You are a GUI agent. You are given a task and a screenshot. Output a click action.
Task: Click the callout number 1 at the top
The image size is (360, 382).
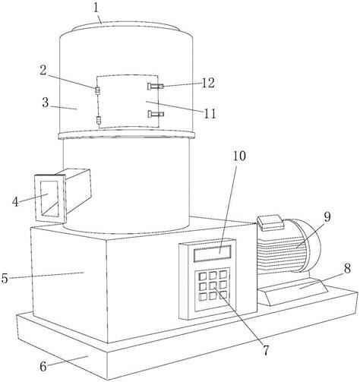[x=96, y=8]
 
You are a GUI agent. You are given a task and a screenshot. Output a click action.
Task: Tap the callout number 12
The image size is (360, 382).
[x=208, y=83]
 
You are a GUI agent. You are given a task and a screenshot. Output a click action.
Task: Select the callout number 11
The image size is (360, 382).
[x=210, y=114]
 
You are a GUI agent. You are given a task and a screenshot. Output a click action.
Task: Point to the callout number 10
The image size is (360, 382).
[x=239, y=156]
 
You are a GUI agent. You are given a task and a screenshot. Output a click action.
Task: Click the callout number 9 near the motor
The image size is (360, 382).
[x=327, y=217]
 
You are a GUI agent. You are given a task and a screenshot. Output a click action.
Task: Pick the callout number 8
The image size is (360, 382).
[x=347, y=268]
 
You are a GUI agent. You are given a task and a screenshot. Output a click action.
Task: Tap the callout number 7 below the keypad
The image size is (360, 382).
[x=266, y=350]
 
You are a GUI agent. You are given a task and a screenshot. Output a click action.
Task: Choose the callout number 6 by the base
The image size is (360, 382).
[x=43, y=366]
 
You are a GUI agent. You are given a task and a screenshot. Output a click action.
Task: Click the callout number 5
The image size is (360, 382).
[x=5, y=279]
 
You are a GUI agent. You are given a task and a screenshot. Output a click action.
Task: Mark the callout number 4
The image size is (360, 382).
[x=15, y=202]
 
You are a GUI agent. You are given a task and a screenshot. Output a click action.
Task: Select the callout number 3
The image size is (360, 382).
[x=46, y=103]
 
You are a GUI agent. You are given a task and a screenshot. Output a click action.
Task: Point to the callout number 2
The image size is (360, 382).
[x=43, y=71]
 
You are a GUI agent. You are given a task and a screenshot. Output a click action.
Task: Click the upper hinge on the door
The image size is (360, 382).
[x=97, y=90]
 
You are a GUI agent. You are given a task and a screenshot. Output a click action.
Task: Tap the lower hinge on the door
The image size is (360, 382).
[x=98, y=120]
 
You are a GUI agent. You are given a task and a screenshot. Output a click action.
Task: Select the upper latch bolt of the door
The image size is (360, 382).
[x=156, y=87]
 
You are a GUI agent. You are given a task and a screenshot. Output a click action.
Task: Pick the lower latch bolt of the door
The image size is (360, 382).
[x=156, y=114]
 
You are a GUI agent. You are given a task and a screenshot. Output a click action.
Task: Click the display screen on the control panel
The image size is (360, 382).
[x=213, y=254]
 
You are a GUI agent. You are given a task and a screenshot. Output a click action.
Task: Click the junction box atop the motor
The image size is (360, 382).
[x=270, y=222]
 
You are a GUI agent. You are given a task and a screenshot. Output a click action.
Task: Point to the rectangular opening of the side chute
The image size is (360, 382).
[x=49, y=199]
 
